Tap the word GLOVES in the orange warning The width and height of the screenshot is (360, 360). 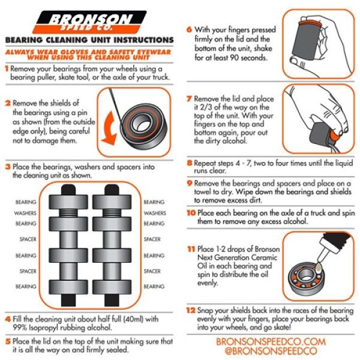coord(59,53)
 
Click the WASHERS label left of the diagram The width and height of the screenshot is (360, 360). coord(26,213)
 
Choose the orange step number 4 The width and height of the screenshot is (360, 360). coord(7,319)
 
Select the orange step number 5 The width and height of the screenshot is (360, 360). coord(7,340)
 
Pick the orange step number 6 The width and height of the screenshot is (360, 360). coord(189,29)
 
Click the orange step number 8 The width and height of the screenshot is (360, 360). coord(189,162)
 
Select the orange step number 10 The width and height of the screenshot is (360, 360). coord(190,212)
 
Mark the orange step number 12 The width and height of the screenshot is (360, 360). coord(190,311)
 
